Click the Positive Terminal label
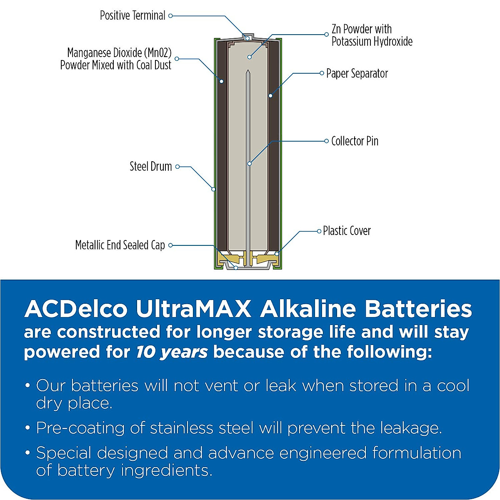click(132, 16)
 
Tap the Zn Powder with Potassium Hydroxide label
click(372, 35)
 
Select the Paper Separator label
click(357, 74)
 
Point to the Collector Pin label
click(355, 141)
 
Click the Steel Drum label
click(150, 167)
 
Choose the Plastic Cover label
click(347, 231)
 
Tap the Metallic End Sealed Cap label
click(120, 245)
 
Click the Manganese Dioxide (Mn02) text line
click(119, 53)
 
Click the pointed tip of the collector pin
click(248, 72)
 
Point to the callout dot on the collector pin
click(249, 164)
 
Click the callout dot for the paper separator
click(270, 96)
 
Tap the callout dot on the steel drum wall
click(213, 189)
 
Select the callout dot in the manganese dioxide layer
click(222, 81)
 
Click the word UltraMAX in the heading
click(193, 309)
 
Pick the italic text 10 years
click(172, 352)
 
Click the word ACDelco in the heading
click(75, 309)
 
